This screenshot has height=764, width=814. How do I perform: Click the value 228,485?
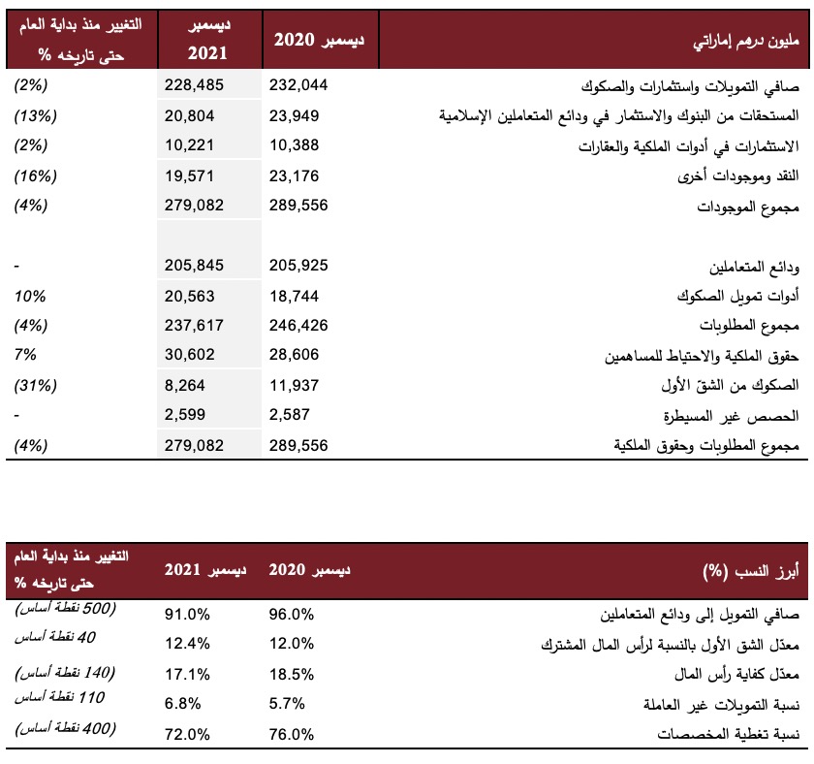[x=194, y=85]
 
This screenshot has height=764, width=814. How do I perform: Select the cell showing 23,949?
[x=294, y=115]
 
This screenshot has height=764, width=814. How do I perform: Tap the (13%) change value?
[x=35, y=115]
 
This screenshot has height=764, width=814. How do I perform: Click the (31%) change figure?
[x=35, y=385]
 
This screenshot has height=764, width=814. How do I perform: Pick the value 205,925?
[x=298, y=266]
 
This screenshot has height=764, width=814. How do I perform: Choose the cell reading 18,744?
[x=294, y=296]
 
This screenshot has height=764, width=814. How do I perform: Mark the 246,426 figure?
[x=298, y=325]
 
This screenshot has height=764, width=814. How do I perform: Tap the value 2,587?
[x=289, y=414]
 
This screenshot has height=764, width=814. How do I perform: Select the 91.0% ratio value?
[x=187, y=615]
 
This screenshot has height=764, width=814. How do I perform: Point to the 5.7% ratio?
[x=287, y=704]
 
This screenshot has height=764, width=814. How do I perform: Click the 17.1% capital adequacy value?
[x=187, y=675]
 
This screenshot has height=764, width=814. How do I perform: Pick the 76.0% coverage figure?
[x=292, y=734]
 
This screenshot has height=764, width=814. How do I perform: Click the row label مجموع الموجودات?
[x=747, y=207]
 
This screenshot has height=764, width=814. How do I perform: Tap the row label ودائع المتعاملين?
[x=754, y=267]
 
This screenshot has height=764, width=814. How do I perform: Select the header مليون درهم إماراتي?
[x=746, y=41]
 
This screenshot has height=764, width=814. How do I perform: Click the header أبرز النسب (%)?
[x=751, y=571]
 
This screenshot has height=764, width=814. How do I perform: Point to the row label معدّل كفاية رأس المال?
[x=736, y=675]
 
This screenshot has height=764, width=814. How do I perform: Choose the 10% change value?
[x=30, y=296]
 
